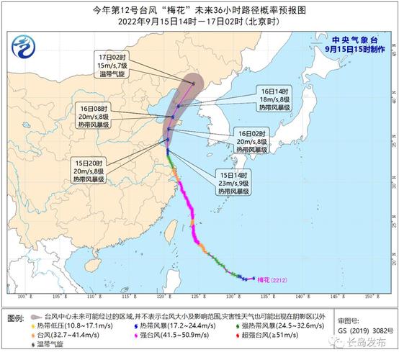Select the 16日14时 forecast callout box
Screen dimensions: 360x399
pyautogui.click(x=275, y=99)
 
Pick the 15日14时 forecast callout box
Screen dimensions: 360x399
pyautogui.click(x=233, y=183)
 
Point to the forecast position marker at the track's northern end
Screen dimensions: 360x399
pyautogui.click(x=193, y=83)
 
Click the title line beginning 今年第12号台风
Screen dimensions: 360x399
pyautogui.click(x=199, y=9)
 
